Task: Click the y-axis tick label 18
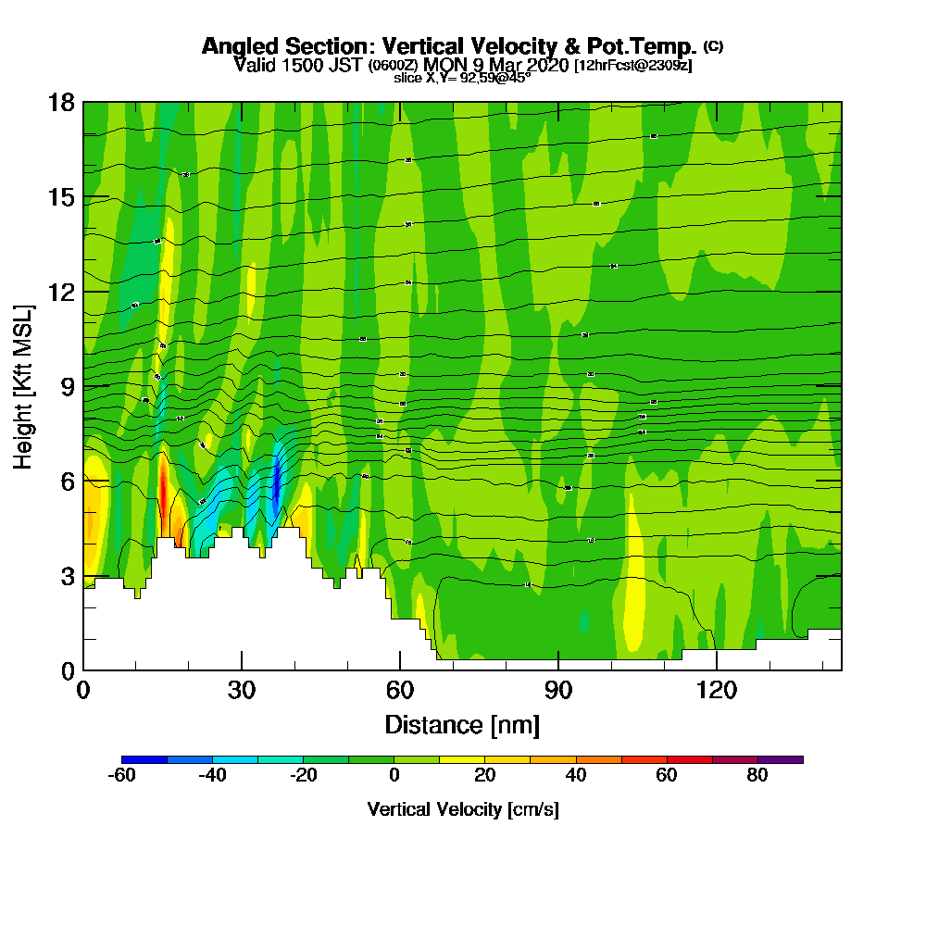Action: (x=61, y=102)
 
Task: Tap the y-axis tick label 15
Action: (x=61, y=197)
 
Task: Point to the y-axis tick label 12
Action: (x=61, y=292)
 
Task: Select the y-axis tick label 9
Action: (x=68, y=386)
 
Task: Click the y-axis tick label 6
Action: (x=68, y=482)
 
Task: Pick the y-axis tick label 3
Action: (x=68, y=576)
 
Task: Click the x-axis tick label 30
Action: (x=242, y=690)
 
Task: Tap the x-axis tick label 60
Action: (x=400, y=690)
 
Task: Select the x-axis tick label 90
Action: (x=558, y=690)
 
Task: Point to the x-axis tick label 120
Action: (x=717, y=690)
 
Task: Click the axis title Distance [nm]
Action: (x=462, y=724)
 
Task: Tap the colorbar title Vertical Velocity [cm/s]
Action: (x=462, y=809)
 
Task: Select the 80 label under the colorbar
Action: (x=757, y=776)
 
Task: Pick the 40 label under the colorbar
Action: (x=576, y=776)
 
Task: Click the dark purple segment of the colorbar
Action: (x=780, y=759)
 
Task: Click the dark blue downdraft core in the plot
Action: (x=276, y=482)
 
